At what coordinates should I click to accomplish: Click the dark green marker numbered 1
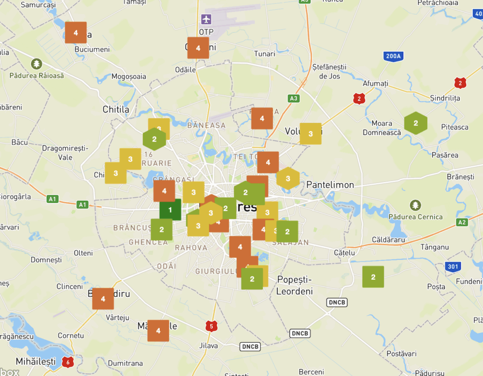(x=170, y=210)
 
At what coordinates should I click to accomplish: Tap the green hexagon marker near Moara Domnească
(x=415, y=123)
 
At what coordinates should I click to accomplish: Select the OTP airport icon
(x=206, y=20)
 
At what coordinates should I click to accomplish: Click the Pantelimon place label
(x=330, y=185)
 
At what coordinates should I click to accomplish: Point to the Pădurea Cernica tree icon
(x=415, y=205)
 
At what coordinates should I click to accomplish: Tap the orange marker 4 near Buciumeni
(x=76, y=33)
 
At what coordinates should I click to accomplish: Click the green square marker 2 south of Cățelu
(x=373, y=277)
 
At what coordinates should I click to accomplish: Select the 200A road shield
(x=393, y=57)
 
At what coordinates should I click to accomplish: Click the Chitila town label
(x=116, y=110)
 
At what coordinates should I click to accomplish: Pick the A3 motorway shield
(x=293, y=98)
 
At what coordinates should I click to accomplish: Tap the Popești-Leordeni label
(x=295, y=285)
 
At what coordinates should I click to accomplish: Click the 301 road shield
(x=453, y=266)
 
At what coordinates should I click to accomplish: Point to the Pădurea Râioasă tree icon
(x=36, y=64)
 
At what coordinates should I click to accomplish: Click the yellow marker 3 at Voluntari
(x=311, y=134)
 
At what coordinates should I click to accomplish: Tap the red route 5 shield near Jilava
(x=211, y=326)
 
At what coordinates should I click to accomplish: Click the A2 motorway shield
(x=462, y=222)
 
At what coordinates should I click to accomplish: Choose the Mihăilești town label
(x=36, y=362)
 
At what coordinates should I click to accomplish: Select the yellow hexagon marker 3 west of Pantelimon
(x=288, y=179)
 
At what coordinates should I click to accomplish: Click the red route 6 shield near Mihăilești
(x=68, y=362)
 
